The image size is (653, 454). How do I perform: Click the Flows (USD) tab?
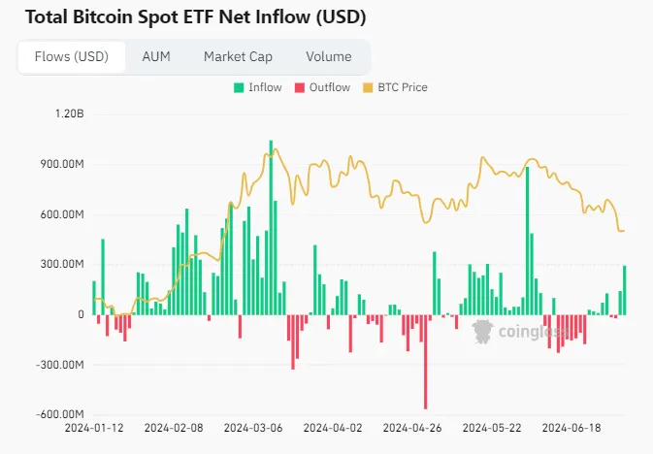pyautogui.click(x=71, y=56)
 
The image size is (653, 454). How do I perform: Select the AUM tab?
pyautogui.click(x=156, y=56)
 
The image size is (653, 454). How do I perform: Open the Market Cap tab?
pyautogui.click(x=238, y=56)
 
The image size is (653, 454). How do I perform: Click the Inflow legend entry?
pyautogui.click(x=258, y=87)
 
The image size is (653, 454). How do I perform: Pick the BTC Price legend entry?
pyautogui.click(x=399, y=87)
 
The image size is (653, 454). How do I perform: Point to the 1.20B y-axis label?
pyautogui.click(x=70, y=113)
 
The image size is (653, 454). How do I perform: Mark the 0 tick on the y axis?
pyautogui.click(x=82, y=314)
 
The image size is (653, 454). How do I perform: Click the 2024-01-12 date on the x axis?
pyautogui.click(x=94, y=427)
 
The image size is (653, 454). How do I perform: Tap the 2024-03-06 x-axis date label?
pyautogui.click(x=254, y=427)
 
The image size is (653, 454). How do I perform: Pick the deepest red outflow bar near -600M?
pyautogui.click(x=425, y=362)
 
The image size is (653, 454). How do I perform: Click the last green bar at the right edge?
pyautogui.click(x=625, y=290)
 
